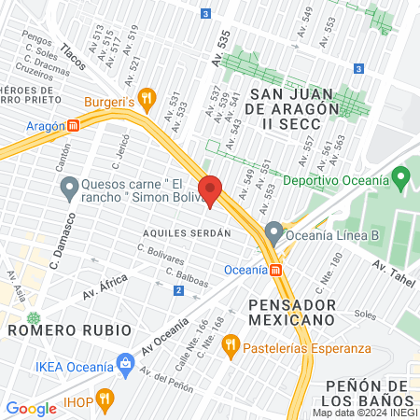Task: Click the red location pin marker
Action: click(210, 189)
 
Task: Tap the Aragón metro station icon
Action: click(73, 126)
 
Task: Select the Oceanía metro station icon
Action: click(276, 271)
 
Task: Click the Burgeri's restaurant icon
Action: click(146, 97)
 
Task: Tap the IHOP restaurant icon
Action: click(105, 399)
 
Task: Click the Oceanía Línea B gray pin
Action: click(273, 231)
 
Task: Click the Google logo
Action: click(31, 408)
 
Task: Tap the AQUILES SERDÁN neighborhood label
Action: click(187, 232)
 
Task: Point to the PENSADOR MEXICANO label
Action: click(291, 312)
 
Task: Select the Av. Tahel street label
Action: click(392, 269)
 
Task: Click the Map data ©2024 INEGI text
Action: click(363, 412)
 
